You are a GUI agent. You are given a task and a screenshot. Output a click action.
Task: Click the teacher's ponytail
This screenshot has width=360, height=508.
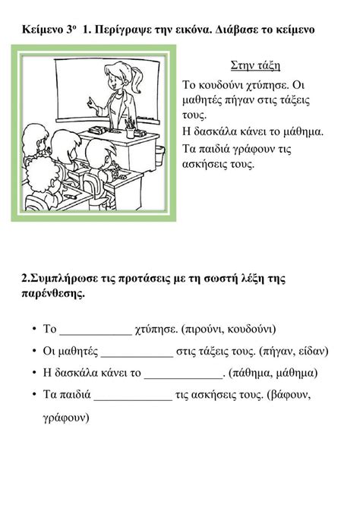pyautogui.click(x=137, y=77)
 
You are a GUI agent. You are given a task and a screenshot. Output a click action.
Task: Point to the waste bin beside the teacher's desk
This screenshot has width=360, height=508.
pyautogui.click(x=159, y=156)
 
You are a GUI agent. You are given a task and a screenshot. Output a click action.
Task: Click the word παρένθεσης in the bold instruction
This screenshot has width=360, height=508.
pyautogui.click(x=53, y=295)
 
